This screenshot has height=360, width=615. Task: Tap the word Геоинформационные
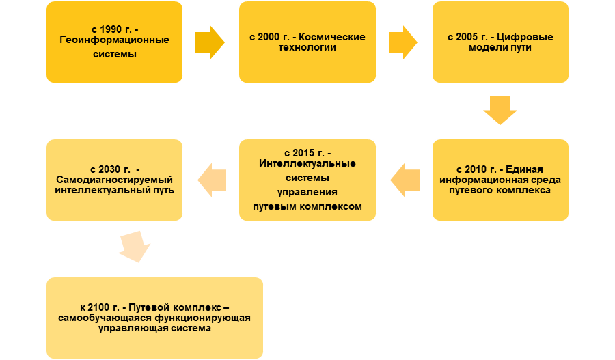pyautogui.click(x=114, y=40)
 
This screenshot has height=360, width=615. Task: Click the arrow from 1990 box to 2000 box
pyautogui.click(x=210, y=42)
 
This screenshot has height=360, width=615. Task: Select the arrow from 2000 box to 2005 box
pyautogui.click(x=403, y=42)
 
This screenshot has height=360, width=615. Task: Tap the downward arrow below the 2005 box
pyautogui.click(x=500, y=109)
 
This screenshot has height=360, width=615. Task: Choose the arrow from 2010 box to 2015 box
pyautogui.click(x=405, y=180)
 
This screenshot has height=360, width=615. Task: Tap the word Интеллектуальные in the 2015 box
pyautogui.click(x=307, y=163)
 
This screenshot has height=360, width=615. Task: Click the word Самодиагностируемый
pyautogui.click(x=114, y=180)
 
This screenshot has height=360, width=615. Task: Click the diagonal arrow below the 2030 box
pyautogui.click(x=135, y=247)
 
